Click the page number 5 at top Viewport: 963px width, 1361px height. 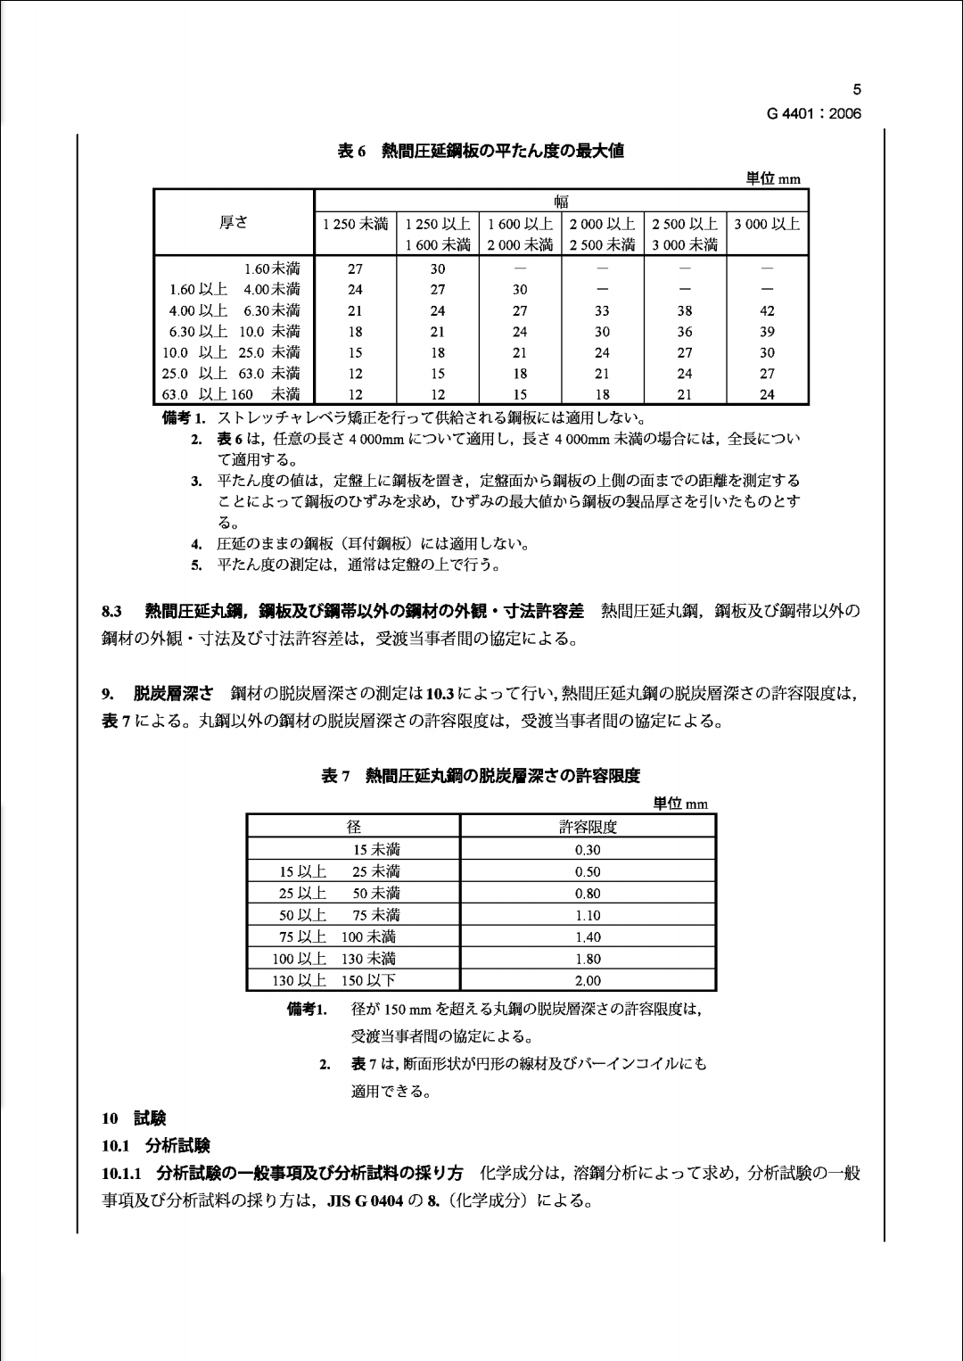point(857,89)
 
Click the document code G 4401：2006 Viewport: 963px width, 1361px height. point(813,113)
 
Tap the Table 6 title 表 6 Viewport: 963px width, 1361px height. point(351,151)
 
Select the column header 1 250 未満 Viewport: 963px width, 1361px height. point(355,224)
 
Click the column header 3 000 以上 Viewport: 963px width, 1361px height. point(767,224)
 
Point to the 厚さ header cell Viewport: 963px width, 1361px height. point(234,223)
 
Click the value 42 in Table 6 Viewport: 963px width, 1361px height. point(767,311)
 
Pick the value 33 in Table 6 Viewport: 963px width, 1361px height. point(602,311)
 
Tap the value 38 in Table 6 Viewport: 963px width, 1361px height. point(684,311)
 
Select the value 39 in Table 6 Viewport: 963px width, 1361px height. point(767,332)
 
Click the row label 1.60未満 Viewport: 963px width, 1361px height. point(272,268)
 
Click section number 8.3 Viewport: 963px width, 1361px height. point(111,612)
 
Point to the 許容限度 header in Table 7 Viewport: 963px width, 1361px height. point(588,827)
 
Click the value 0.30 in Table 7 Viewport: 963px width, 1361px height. point(588,850)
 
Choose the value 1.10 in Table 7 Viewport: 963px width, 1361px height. point(588,915)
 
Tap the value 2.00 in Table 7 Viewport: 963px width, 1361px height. point(588,981)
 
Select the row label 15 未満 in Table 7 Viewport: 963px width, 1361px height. point(376,850)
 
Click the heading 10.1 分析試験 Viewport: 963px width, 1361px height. point(155,1145)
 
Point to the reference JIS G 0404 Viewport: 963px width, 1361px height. point(365,1200)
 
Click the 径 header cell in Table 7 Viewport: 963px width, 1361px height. point(353,827)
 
